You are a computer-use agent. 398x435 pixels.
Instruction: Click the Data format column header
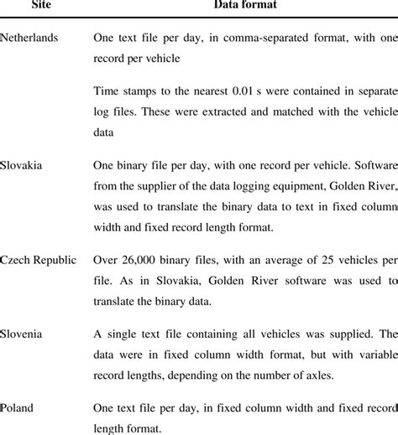[x=240, y=5]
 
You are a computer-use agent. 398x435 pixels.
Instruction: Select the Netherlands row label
[x=29, y=39]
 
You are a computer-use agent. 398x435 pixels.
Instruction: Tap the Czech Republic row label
[x=38, y=259]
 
